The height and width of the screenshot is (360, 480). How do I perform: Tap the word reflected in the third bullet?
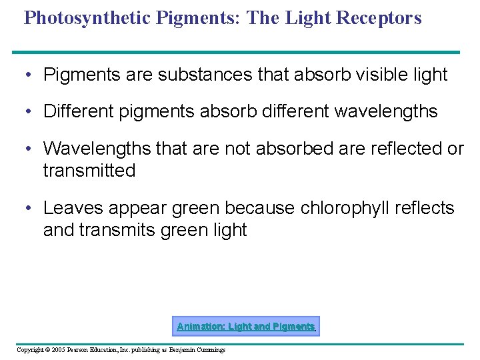389,148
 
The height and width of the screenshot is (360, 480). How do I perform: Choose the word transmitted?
89,171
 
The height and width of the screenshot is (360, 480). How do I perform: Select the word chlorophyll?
340,208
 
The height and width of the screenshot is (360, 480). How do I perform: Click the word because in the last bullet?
259,208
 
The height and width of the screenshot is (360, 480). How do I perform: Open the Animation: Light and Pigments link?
245,326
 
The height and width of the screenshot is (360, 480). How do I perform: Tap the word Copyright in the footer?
29,350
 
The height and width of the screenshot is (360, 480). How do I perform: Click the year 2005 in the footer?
57,350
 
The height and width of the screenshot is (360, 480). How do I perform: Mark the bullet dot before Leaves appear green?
27,208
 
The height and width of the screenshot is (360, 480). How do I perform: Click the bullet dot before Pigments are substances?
27,75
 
